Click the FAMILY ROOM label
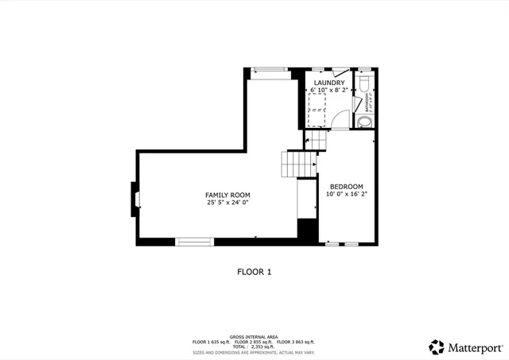pos(227,195)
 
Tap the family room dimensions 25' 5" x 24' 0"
pos(227,203)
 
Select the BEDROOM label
pos(346,187)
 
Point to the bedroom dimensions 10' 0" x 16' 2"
pos(346,194)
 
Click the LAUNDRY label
pos(329,83)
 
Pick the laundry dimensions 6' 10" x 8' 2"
pos(329,90)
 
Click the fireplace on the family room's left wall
pos(135,195)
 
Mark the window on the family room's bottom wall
pos(194,241)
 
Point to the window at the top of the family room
pos(269,72)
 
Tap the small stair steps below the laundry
pos(317,140)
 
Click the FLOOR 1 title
pos(254,272)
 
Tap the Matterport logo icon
pos(437,346)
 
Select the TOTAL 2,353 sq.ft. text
pos(254,346)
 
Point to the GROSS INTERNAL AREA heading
pos(254,336)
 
